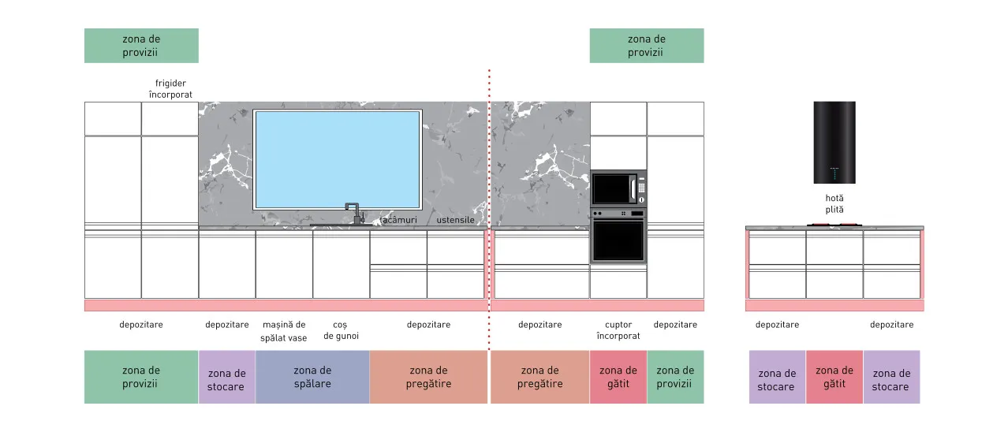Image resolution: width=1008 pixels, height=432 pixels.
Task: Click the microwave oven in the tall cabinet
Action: point(618,188)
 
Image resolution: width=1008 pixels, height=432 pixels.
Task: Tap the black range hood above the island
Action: point(834,143)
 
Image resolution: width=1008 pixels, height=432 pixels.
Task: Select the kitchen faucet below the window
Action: point(354,214)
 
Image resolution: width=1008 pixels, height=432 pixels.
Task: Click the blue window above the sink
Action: point(338,159)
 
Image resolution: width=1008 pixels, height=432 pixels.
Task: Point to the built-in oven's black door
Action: point(618,241)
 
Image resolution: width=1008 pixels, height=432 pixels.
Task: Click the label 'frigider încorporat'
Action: point(170,89)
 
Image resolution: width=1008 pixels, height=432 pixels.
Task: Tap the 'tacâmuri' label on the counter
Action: point(398,220)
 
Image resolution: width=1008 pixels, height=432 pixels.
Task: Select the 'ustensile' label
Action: point(455,220)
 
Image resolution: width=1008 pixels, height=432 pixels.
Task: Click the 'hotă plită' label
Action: point(834,203)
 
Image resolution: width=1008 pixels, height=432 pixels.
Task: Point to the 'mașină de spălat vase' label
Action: point(284,331)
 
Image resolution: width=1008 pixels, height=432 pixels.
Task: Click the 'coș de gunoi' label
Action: point(341,330)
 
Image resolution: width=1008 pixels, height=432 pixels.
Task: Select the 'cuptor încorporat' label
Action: point(618,330)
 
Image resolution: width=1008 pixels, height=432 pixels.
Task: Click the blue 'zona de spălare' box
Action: point(312,377)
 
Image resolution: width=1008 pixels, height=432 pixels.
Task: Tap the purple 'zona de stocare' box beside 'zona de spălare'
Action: point(227,377)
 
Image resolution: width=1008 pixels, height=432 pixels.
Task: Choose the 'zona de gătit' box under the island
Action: point(834,377)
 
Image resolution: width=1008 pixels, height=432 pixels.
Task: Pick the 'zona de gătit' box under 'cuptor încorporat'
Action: point(618,377)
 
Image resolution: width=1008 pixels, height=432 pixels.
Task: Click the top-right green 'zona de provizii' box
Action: point(647,46)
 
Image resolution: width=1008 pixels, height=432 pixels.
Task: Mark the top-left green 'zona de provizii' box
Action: point(141,46)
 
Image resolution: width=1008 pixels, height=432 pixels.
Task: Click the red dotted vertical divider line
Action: point(489,210)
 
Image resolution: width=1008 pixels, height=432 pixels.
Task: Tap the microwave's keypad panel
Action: point(641,188)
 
